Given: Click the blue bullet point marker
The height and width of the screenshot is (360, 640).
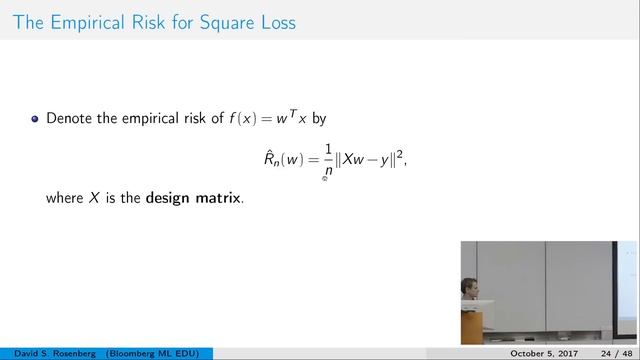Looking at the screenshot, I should pos(35,119).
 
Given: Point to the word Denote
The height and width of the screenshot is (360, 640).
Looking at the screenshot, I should pos(70,119).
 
